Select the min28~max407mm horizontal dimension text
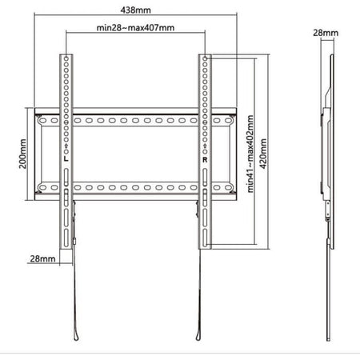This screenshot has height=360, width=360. (x=135, y=28)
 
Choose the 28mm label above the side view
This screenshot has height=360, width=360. (x=327, y=33)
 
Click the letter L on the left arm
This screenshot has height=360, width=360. (x=65, y=158)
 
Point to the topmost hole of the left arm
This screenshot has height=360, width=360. (x=65, y=60)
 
